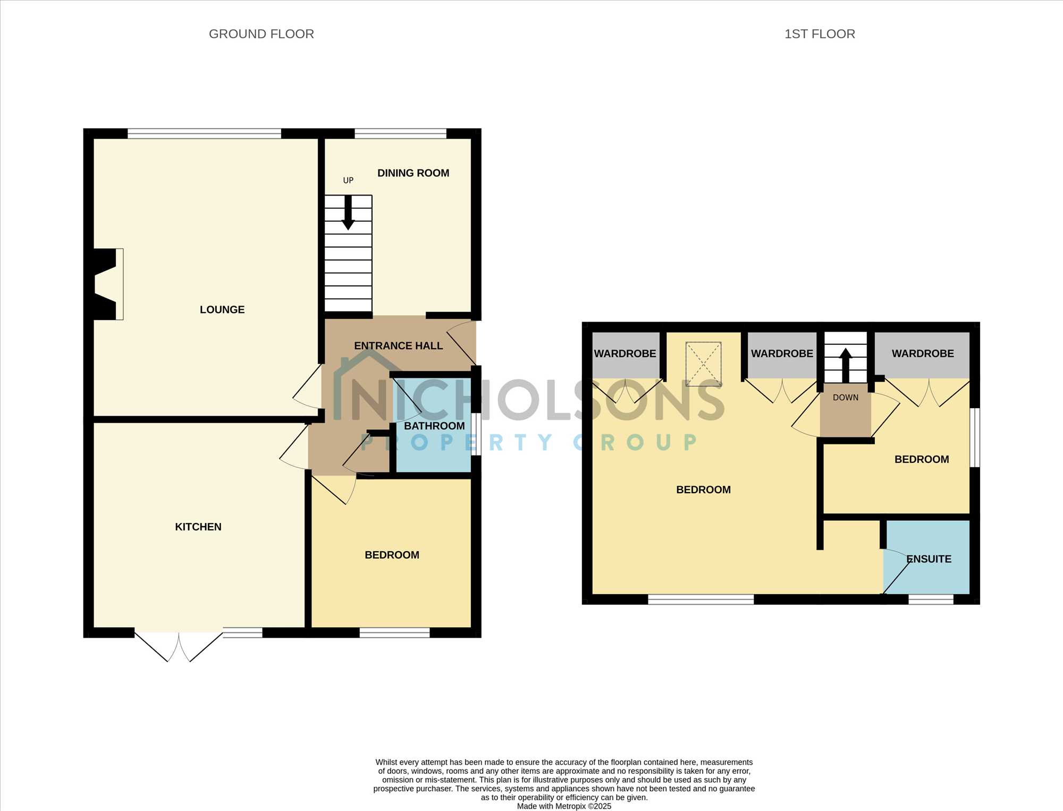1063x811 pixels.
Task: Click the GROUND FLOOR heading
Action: (x=261, y=34)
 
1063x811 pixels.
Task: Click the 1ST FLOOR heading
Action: (x=820, y=34)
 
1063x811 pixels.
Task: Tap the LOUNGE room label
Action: (x=222, y=309)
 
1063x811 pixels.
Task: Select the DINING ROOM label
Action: (x=413, y=173)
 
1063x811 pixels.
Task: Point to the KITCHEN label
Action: (x=198, y=527)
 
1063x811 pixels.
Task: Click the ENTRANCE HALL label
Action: (x=399, y=345)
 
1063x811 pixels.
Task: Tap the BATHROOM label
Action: (x=434, y=426)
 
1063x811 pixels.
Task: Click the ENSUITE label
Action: (x=929, y=559)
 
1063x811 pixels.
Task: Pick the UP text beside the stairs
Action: (x=348, y=181)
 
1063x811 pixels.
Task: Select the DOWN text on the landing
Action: (x=846, y=398)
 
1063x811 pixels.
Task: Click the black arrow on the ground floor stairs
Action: (x=348, y=213)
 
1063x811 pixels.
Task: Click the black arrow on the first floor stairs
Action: (x=846, y=365)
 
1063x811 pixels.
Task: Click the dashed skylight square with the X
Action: (x=704, y=364)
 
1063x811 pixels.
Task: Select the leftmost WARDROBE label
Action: (x=625, y=353)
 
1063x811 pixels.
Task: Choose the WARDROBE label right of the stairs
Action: (x=923, y=353)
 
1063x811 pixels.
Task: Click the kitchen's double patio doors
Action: (x=179, y=646)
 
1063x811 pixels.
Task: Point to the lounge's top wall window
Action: (x=204, y=133)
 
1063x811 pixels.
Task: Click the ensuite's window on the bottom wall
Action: (x=931, y=599)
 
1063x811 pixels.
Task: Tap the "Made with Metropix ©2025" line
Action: (x=564, y=806)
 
